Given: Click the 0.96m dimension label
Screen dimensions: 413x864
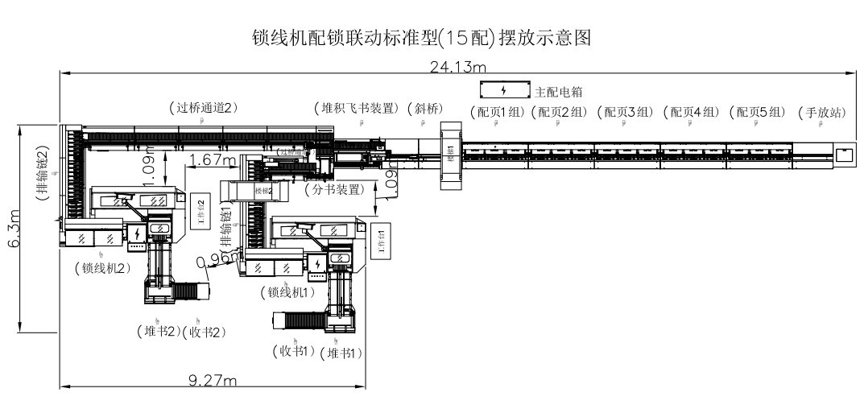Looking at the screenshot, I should [218, 258].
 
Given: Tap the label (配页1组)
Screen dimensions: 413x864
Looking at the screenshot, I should [498, 113].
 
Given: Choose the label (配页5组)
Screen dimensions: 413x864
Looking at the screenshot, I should [755, 113].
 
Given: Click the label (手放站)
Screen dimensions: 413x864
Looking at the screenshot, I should [821, 113].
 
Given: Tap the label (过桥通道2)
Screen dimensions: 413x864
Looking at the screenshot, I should [204, 107].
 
